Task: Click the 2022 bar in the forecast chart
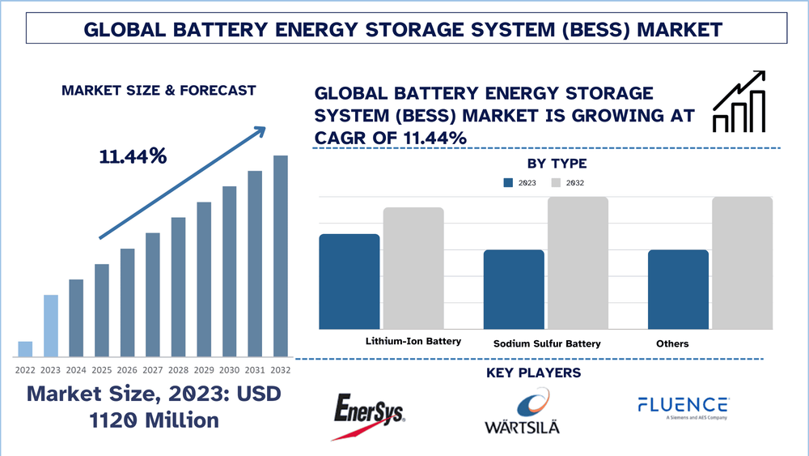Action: [25, 349]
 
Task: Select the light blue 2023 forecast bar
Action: [50, 326]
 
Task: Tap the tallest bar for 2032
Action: [280, 256]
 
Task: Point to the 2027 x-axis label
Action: [153, 369]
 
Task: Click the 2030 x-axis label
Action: [230, 369]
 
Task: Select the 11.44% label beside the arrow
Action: [133, 156]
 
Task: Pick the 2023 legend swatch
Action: [508, 183]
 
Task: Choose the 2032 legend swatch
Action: [557, 183]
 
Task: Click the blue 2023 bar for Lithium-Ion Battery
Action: [349, 281]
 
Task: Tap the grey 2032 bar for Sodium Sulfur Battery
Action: [578, 263]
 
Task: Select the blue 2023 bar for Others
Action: [678, 289]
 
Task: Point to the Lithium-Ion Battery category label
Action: [413, 341]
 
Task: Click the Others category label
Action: [672, 343]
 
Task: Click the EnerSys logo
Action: [369, 414]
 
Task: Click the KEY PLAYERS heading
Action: [533, 373]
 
